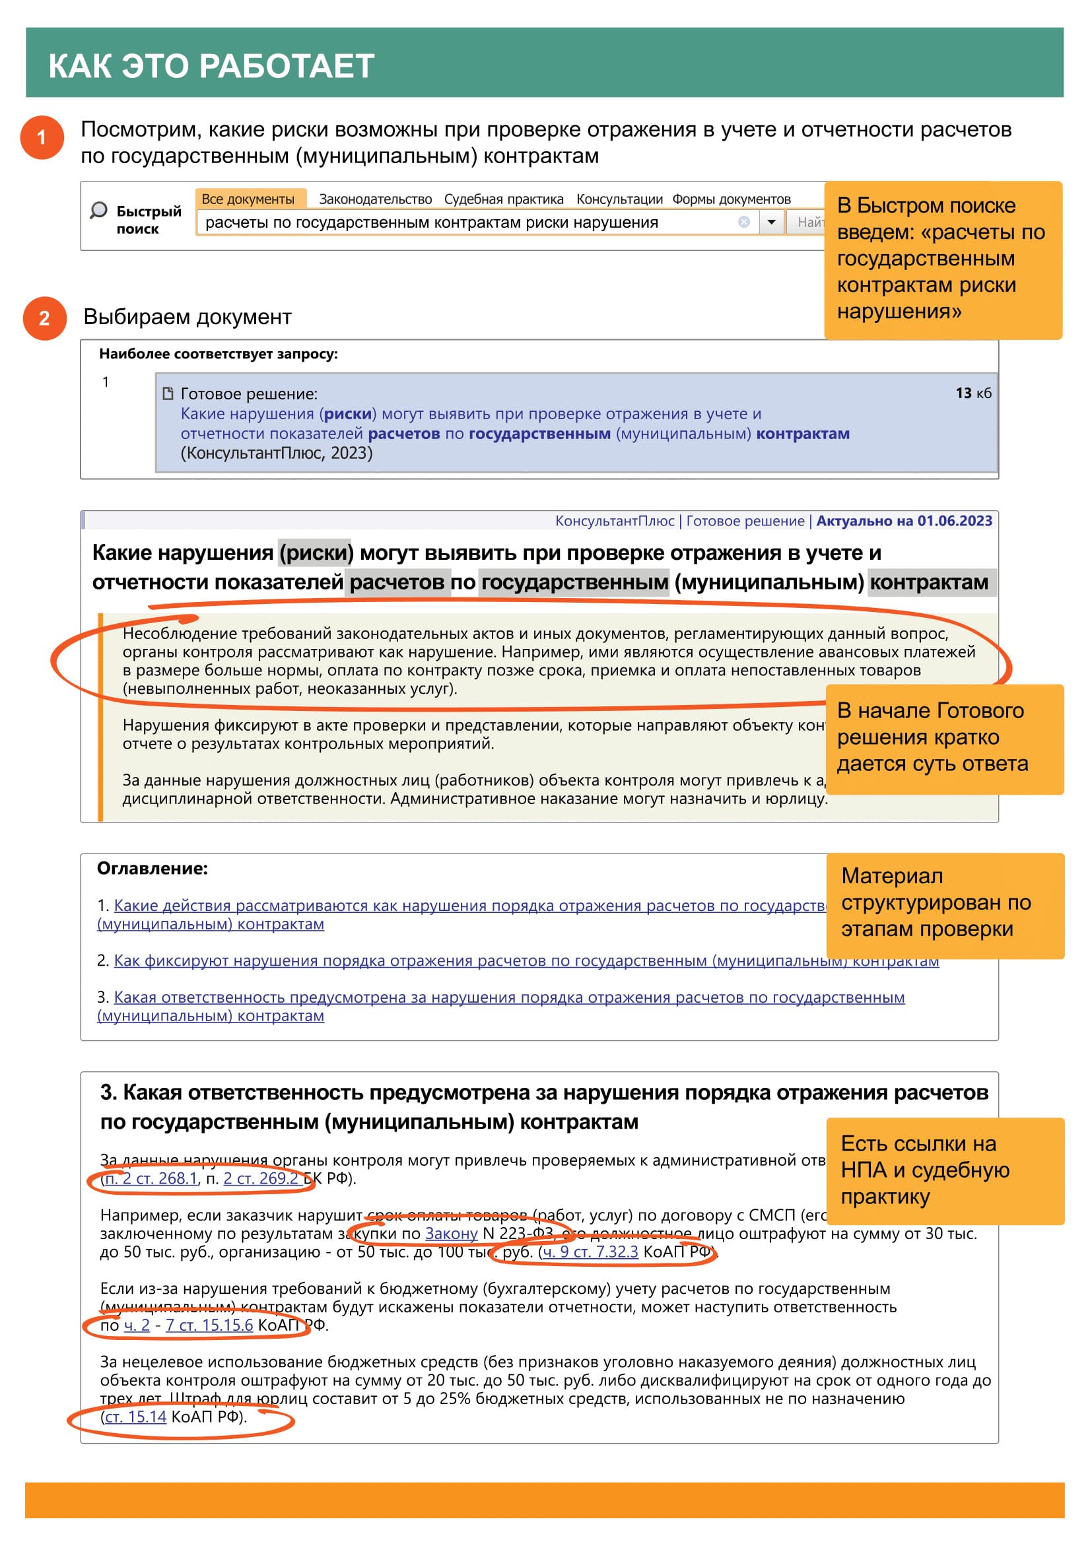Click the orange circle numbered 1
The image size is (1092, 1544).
pos(42,137)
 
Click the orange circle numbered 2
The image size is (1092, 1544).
pos(44,318)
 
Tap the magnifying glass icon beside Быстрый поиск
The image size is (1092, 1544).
pos(99,211)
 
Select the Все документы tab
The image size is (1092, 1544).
pos(248,199)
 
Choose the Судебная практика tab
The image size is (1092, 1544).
pos(504,199)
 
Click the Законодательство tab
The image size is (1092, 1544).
pos(375,199)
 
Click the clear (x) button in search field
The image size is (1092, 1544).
pos(743,222)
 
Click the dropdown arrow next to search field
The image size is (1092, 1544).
pos(771,222)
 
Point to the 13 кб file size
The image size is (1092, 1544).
pos(973,393)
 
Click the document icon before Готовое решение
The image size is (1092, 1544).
pos(168,393)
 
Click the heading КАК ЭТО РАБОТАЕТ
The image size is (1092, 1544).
pos(211,66)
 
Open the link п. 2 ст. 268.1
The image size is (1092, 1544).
pos(151,1178)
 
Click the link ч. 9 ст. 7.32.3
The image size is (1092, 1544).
pos(590,1252)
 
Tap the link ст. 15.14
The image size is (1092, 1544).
pos(136,1417)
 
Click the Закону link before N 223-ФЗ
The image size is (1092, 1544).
pos(451,1233)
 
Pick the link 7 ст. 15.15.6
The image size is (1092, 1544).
pos(209,1325)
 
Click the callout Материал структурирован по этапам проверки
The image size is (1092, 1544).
pos(944,903)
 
